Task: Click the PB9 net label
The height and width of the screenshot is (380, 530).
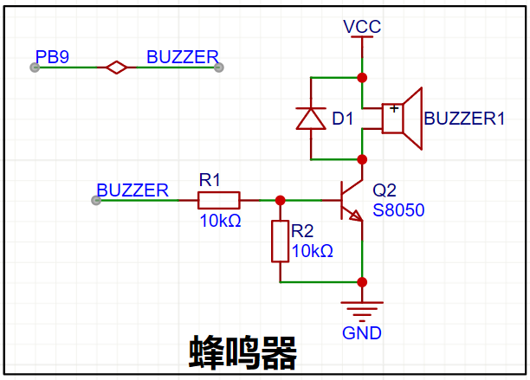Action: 52,57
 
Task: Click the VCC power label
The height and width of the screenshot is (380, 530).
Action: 362,27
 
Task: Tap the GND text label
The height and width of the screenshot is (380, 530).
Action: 362,333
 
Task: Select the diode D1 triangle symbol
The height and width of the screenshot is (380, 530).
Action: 311,119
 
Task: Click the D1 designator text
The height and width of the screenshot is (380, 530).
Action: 343,119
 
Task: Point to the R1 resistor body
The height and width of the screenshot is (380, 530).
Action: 219,200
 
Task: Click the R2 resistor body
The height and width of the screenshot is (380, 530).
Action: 281,242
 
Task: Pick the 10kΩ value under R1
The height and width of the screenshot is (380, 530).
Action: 220,221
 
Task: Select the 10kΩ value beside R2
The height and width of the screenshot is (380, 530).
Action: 313,251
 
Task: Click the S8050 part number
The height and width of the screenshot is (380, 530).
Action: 398,210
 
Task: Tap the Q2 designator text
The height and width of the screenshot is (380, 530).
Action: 385,190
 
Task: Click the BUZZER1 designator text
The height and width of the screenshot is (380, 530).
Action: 464,119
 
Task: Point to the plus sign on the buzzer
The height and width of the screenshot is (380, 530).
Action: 394,109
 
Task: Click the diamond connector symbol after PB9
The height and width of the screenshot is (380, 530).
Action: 117,68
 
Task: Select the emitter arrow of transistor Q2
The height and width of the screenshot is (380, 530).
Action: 356,216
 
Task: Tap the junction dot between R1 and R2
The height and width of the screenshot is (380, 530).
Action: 281,200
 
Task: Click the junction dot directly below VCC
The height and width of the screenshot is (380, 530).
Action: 362,78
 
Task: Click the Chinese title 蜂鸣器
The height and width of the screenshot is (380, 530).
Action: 242,353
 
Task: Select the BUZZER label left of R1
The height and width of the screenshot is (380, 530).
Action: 132,190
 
